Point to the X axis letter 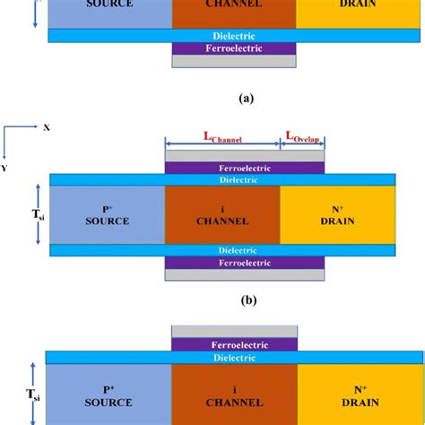point(47,128)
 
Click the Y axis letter point(5,167)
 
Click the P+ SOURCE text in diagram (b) point(107,214)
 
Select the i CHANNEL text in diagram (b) point(222,214)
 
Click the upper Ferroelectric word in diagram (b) point(245,168)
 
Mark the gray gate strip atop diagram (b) point(245,156)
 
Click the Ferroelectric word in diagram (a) point(232,48)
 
